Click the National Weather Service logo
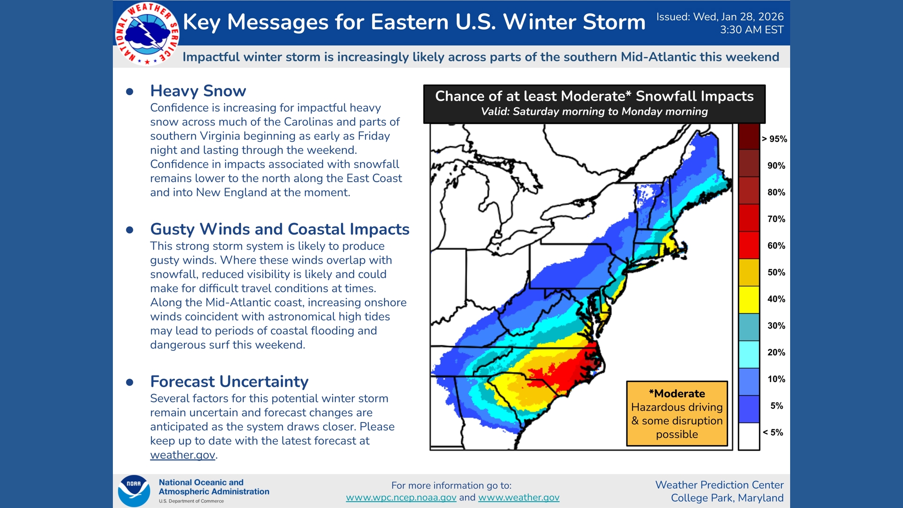[147, 33]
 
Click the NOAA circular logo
[134, 491]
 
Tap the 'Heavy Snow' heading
[198, 91]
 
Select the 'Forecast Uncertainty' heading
[229, 381]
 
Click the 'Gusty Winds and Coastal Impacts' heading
[279, 229]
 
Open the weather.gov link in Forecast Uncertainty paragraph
[182, 455]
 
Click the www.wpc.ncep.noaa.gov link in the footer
[401, 498]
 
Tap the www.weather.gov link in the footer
[519, 498]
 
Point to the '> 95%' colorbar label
[774, 139]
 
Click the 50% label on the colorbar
[776, 272]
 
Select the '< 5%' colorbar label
[773, 432]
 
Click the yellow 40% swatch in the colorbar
[749, 300]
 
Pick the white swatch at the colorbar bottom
[749, 437]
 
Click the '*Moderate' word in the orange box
[677, 394]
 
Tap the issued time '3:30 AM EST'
[752, 30]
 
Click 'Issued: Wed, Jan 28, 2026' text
[720, 17]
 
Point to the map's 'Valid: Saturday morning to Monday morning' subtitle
[594, 112]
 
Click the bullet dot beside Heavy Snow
[130, 92]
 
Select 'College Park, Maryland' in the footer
[727, 498]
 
